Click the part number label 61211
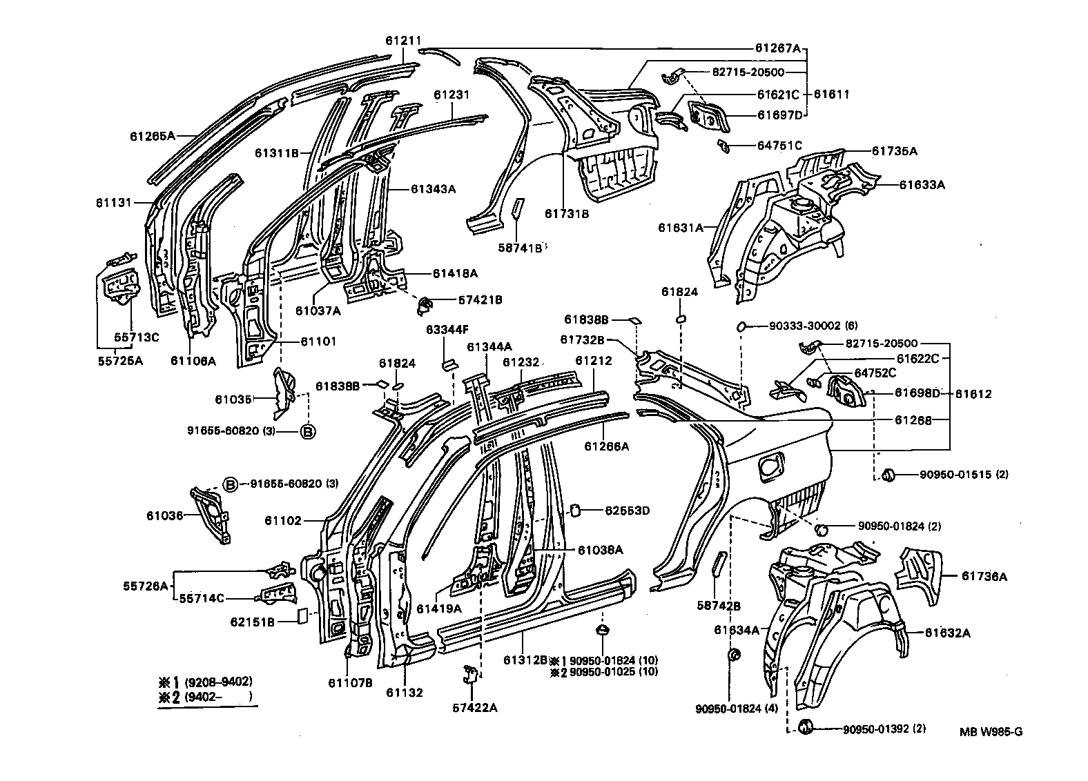[x=403, y=41]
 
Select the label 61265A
[x=153, y=136]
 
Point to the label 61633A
[x=922, y=185]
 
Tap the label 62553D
[x=628, y=511]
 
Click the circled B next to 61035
[x=308, y=431]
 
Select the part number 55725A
[x=119, y=360]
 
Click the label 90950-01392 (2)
[x=884, y=729]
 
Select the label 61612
[x=973, y=394]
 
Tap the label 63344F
[x=447, y=330]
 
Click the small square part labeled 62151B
[x=302, y=615]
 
